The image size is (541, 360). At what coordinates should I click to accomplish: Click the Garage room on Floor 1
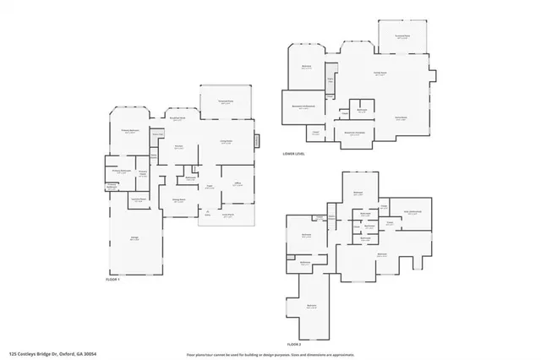(x=134, y=239)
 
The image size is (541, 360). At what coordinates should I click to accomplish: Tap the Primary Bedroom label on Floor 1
(x=130, y=131)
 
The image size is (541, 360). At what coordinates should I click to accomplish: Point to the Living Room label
(x=226, y=142)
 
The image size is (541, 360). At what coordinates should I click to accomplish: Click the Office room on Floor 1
(x=238, y=183)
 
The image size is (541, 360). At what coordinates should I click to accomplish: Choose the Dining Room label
(x=179, y=201)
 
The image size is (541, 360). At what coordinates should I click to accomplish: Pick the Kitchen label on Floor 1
(x=178, y=147)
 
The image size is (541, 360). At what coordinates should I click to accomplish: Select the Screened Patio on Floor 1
(x=226, y=101)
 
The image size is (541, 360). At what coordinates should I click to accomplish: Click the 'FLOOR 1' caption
(x=113, y=279)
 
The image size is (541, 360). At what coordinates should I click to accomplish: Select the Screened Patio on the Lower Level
(x=402, y=36)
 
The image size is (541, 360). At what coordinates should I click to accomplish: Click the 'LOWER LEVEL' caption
(x=294, y=154)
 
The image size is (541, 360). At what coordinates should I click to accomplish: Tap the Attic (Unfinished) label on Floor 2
(x=412, y=212)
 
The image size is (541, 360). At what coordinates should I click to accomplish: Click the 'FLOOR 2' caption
(x=294, y=345)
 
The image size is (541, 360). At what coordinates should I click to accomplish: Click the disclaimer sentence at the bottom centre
(x=270, y=354)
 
